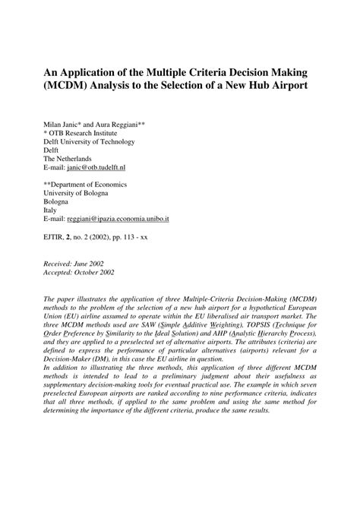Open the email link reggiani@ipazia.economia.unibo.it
(x=128, y=218)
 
